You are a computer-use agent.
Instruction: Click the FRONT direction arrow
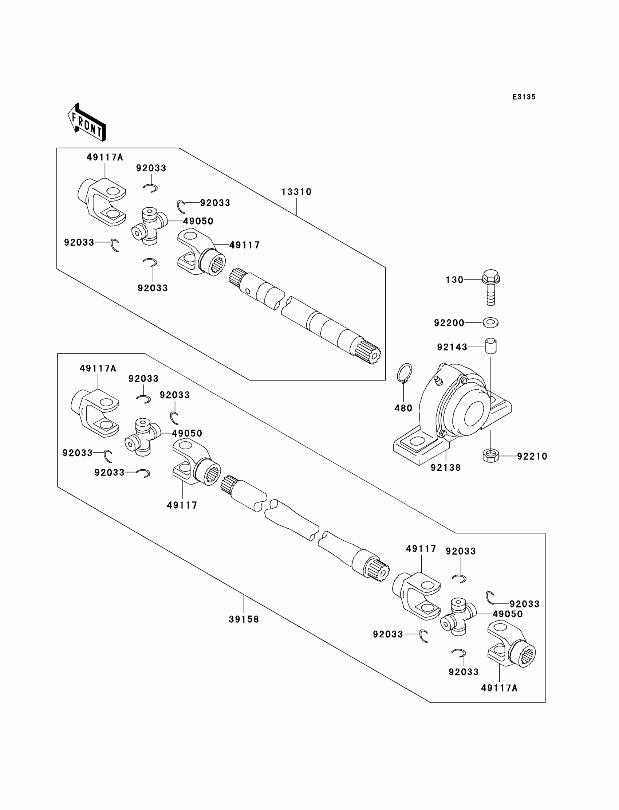point(87,123)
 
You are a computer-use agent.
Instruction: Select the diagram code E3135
point(524,97)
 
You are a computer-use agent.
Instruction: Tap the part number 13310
point(296,192)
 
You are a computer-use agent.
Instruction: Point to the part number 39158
point(244,619)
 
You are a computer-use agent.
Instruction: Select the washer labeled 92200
point(490,322)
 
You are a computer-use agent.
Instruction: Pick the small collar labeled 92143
point(490,346)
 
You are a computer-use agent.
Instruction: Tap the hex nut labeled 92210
point(490,456)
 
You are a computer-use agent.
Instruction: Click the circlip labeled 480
point(405,373)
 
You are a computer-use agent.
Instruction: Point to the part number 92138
point(445,467)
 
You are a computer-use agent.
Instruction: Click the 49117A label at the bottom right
point(499,688)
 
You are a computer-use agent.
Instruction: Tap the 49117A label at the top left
point(105,157)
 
